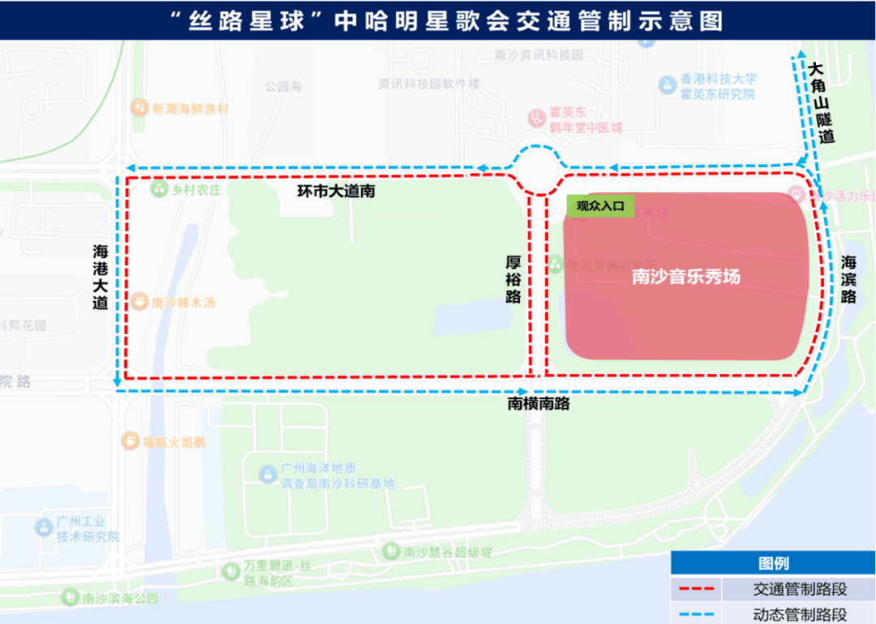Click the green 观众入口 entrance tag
pos(600,206)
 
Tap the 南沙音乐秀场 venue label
pos(686,277)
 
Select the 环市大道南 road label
pos(336,192)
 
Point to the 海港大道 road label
pos(100,278)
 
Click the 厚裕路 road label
pos(513,279)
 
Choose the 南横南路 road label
pos(539,403)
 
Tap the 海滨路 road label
pos(848,279)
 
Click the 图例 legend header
pos(773,563)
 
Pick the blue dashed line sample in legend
pos(696,614)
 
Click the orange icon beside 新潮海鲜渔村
pos(139,108)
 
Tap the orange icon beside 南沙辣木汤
pos(139,302)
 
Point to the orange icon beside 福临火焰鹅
pos(129,441)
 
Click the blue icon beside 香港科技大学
pos(667,84)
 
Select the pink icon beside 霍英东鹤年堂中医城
pos(535,118)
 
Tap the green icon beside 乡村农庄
pos(158,189)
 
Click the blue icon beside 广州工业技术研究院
pos(43,527)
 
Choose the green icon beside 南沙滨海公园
pos(70,598)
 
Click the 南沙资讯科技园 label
pos(539,55)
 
